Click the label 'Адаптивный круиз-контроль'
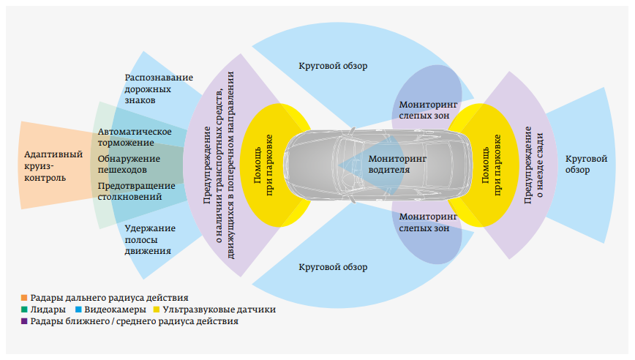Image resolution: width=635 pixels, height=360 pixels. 53,166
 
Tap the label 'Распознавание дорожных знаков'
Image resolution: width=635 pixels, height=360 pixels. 159,89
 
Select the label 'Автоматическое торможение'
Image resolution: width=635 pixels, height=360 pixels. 135,137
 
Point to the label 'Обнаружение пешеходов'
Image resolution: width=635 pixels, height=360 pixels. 129,164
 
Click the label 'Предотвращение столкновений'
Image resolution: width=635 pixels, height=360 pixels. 137,191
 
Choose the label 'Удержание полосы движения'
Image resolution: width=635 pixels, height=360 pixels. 150,239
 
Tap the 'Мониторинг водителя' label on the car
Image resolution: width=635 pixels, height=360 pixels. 397,164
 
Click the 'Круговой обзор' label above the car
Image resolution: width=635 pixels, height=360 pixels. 333,66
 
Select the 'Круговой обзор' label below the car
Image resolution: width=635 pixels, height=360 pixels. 333,267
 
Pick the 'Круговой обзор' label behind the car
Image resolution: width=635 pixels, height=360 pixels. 586,164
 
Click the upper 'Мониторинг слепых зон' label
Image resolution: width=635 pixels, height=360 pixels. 428,110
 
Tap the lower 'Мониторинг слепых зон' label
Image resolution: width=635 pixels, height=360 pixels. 428,222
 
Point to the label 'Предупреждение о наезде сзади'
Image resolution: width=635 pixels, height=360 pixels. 533,165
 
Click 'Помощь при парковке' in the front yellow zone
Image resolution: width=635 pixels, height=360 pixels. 263,165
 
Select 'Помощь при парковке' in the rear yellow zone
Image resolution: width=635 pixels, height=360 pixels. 491,165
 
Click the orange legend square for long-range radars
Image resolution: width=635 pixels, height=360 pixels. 24,298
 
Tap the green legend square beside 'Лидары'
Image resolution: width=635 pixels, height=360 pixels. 24,310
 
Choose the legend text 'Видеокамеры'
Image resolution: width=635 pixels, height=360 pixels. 115,310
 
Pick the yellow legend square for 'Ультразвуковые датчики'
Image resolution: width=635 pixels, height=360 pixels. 157,310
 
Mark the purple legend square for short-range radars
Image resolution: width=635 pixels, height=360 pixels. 24,321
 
